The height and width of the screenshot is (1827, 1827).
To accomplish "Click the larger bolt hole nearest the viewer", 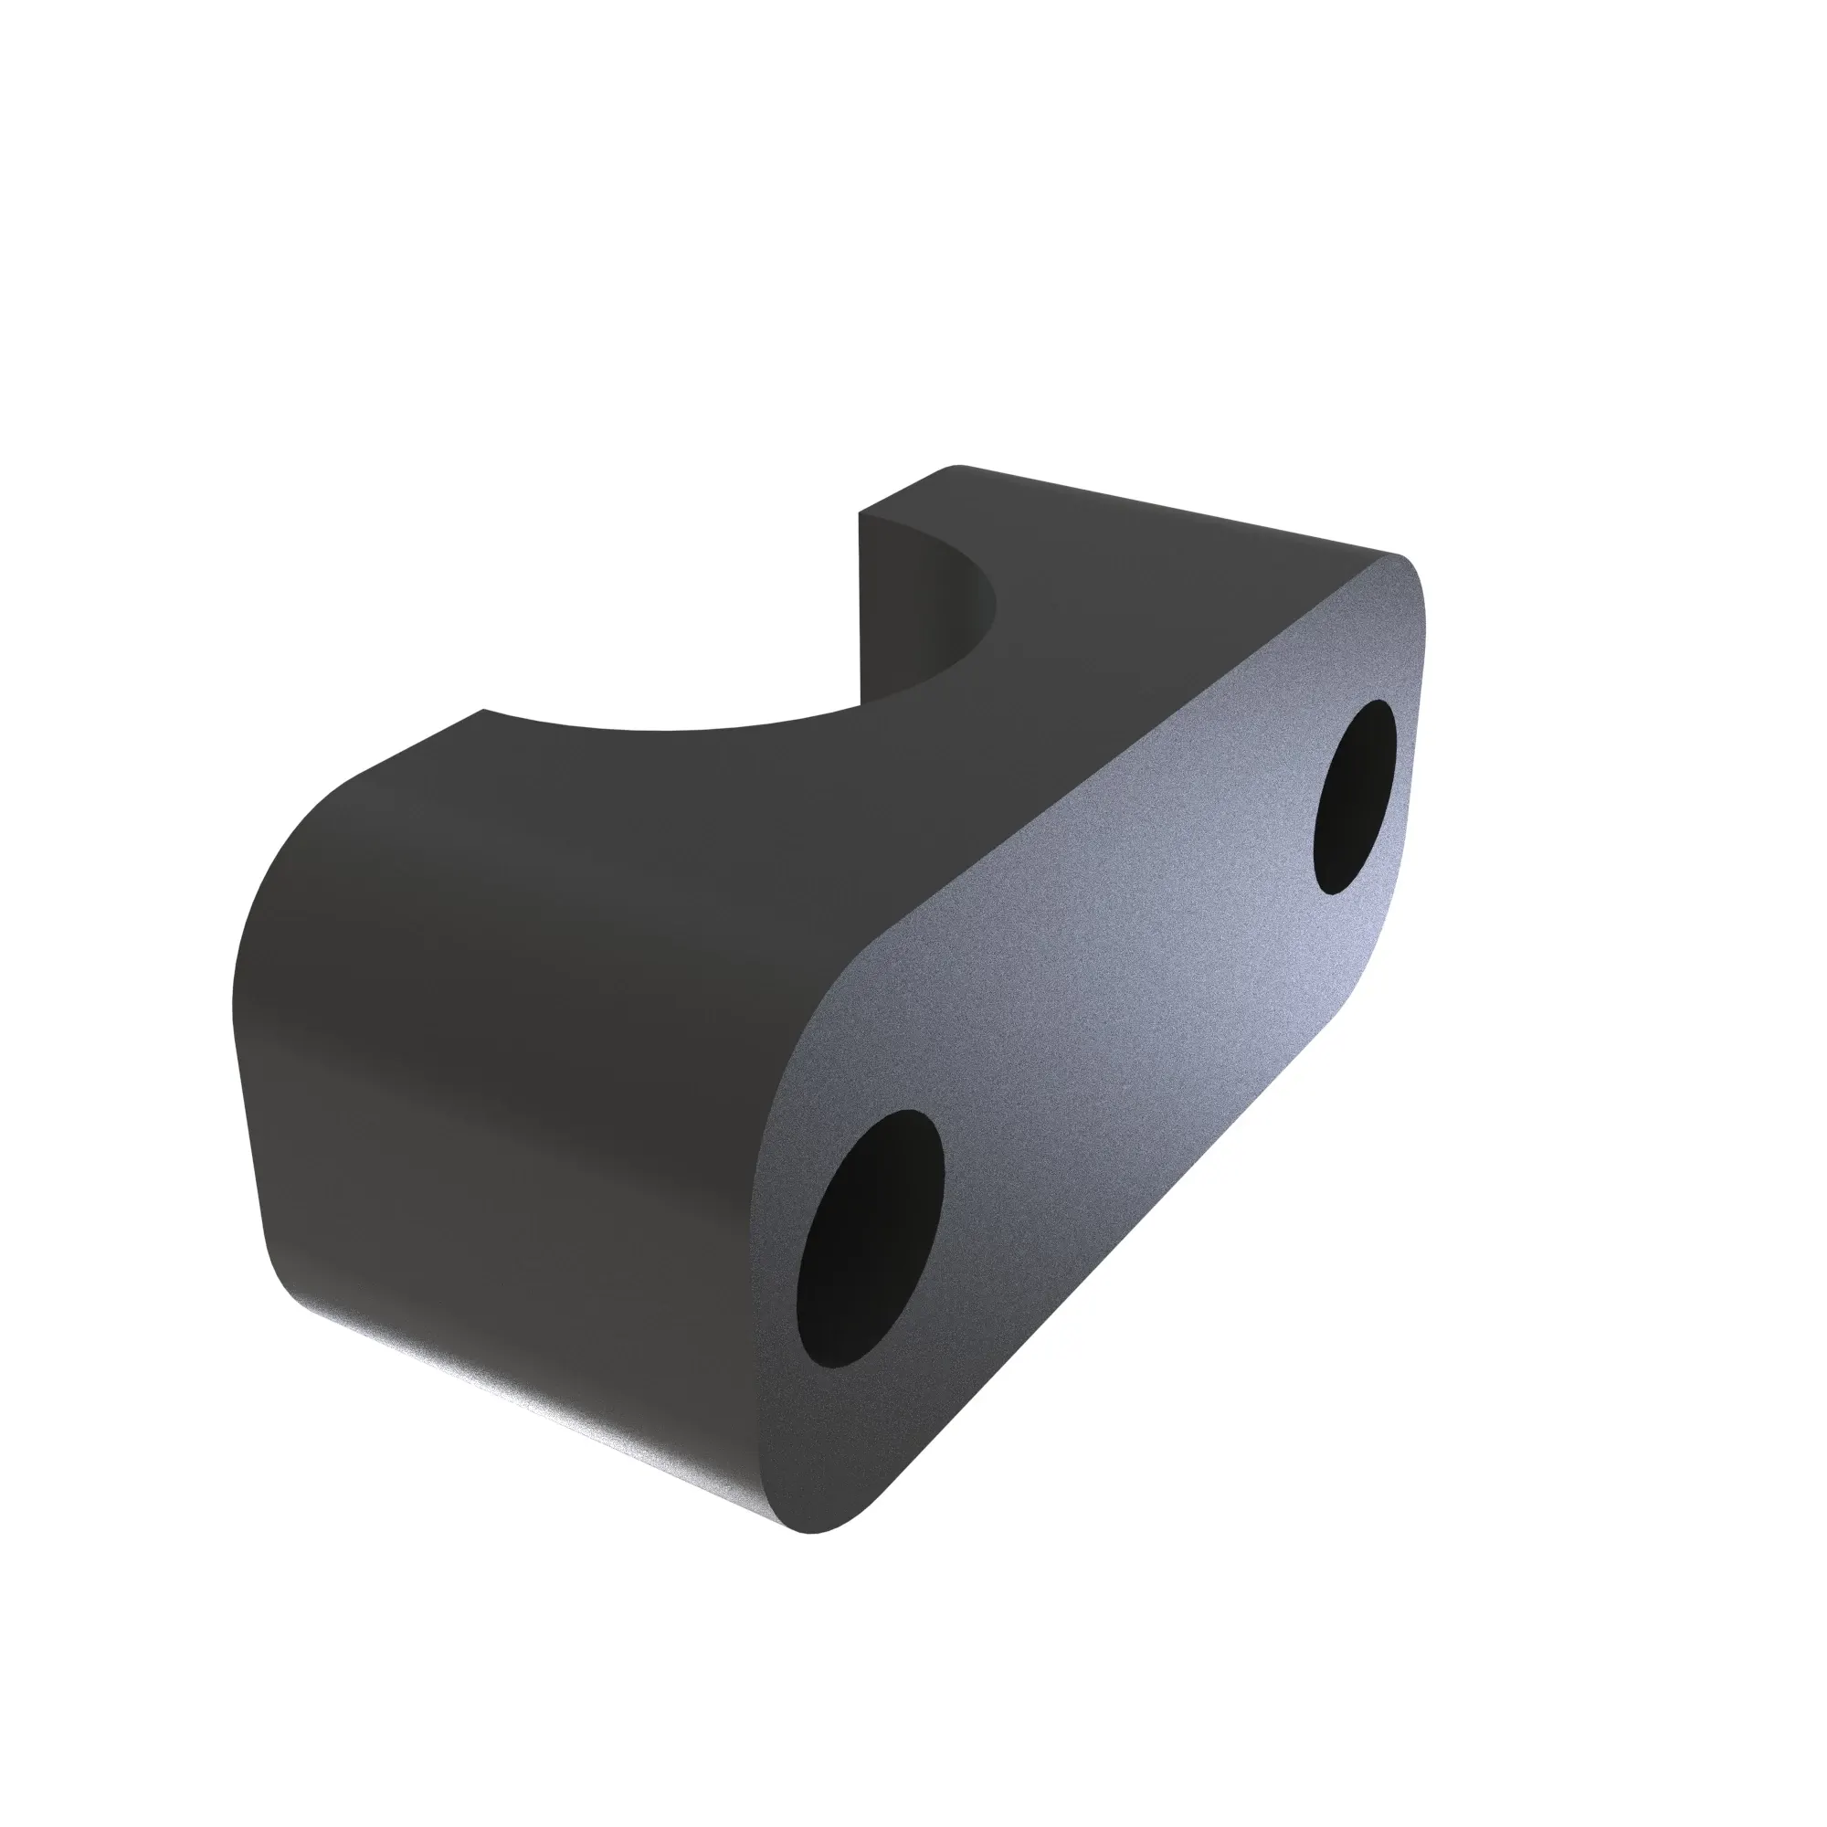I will pyautogui.click(x=870, y=1238).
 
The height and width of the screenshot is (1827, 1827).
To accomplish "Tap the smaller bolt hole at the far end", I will pyautogui.click(x=1355, y=797).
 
